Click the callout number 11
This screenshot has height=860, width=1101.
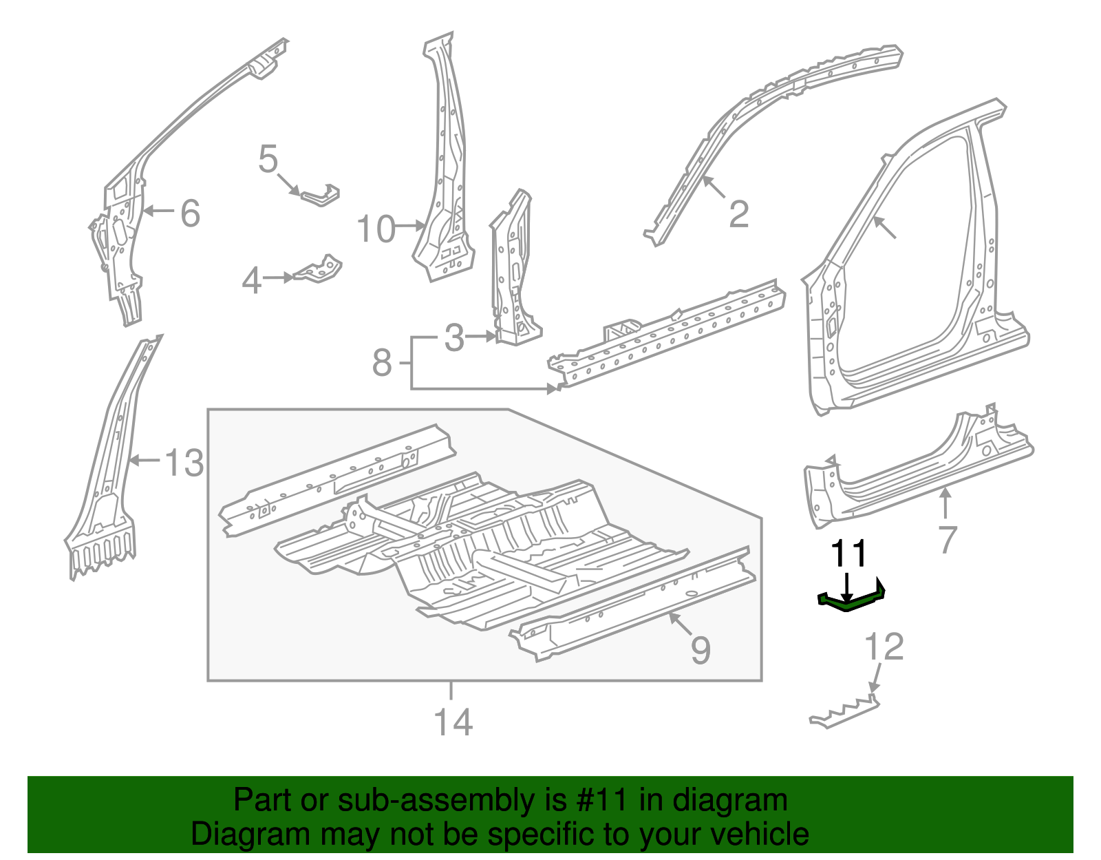coord(850,554)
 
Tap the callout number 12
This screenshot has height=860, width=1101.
coord(884,647)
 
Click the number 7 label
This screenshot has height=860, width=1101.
coord(948,540)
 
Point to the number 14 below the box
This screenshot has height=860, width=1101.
coord(453,722)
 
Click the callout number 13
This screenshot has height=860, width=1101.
coord(184,463)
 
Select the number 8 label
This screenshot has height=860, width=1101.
coord(382,363)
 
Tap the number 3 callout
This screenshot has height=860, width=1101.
coord(454,338)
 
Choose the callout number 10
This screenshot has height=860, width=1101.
coord(376,229)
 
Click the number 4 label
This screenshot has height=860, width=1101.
coord(252,281)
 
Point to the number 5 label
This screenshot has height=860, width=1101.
coord(268,160)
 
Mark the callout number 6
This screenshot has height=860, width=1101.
coord(190,213)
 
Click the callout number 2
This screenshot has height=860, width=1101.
coord(738,214)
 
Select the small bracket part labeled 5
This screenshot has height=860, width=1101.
coord(321,196)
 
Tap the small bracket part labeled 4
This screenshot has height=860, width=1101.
coord(320,270)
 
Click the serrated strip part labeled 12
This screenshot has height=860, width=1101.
coord(845,712)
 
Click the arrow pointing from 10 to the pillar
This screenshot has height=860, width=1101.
coord(411,226)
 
